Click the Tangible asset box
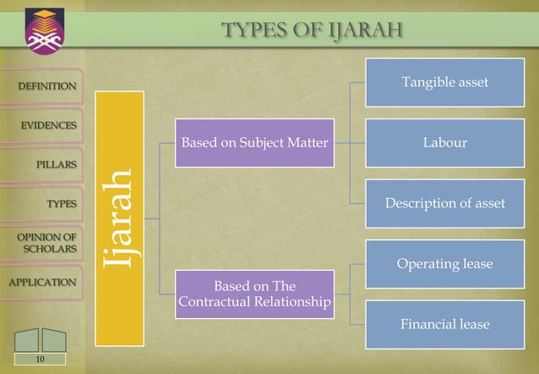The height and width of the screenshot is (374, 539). pos(445,82)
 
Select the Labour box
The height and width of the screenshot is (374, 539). pos(445,143)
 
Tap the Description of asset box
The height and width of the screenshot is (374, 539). pos(445,203)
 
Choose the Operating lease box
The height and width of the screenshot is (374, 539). pos(445,264)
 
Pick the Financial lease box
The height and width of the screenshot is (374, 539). pos(445,324)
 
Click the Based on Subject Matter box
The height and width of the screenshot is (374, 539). pos(254,143)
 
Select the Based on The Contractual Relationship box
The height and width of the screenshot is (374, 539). pos(254,294)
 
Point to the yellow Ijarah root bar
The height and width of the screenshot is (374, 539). pos(119,218)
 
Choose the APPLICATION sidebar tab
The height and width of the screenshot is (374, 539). pos(41,282)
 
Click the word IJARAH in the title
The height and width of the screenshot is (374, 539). pos(363,32)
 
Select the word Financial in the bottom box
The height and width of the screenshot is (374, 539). pos(427,324)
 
